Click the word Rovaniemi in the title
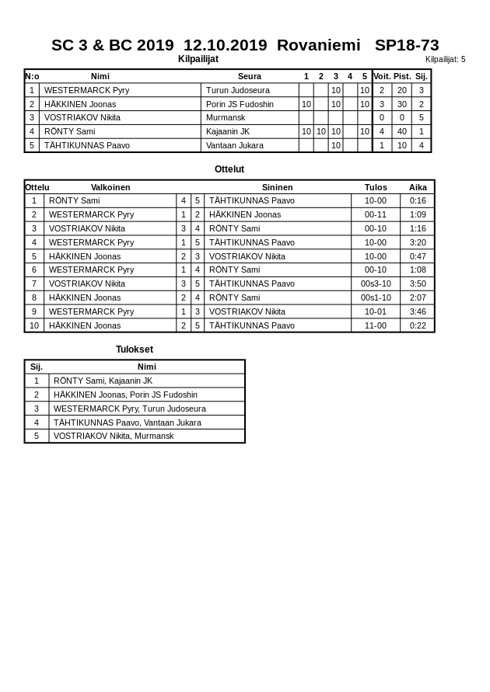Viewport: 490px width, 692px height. (x=318, y=45)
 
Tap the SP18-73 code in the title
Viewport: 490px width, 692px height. (x=407, y=45)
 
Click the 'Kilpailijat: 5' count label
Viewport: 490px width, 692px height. (x=445, y=59)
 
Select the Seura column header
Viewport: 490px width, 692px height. (x=250, y=76)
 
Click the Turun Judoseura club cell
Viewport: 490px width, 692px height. (x=238, y=90)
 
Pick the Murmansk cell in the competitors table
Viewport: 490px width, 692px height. (x=226, y=118)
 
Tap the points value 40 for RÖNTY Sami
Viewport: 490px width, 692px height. (x=402, y=131)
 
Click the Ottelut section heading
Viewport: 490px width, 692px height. (x=229, y=169)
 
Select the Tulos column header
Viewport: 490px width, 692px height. (x=376, y=187)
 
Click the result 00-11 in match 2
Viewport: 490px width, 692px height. (x=376, y=214)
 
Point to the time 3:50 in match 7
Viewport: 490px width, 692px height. (x=418, y=283)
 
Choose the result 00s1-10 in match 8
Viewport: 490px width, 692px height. (x=376, y=297)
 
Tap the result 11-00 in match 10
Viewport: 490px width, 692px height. (x=376, y=325)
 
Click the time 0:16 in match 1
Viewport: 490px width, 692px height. (x=418, y=200)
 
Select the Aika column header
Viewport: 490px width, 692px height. (x=418, y=187)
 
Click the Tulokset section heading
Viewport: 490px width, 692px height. (x=135, y=349)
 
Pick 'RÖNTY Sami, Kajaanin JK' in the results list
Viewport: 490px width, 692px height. (x=103, y=381)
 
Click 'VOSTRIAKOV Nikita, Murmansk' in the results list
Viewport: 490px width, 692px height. (x=114, y=436)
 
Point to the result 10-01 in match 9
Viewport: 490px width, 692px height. (x=376, y=311)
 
